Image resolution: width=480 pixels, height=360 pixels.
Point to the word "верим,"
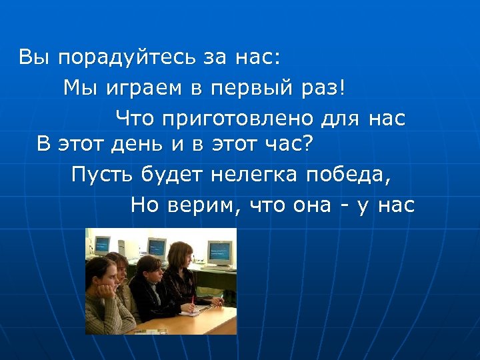(202, 205)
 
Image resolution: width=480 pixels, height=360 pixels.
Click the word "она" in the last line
(311, 205)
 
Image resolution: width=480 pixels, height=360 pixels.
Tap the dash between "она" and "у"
(343, 205)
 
